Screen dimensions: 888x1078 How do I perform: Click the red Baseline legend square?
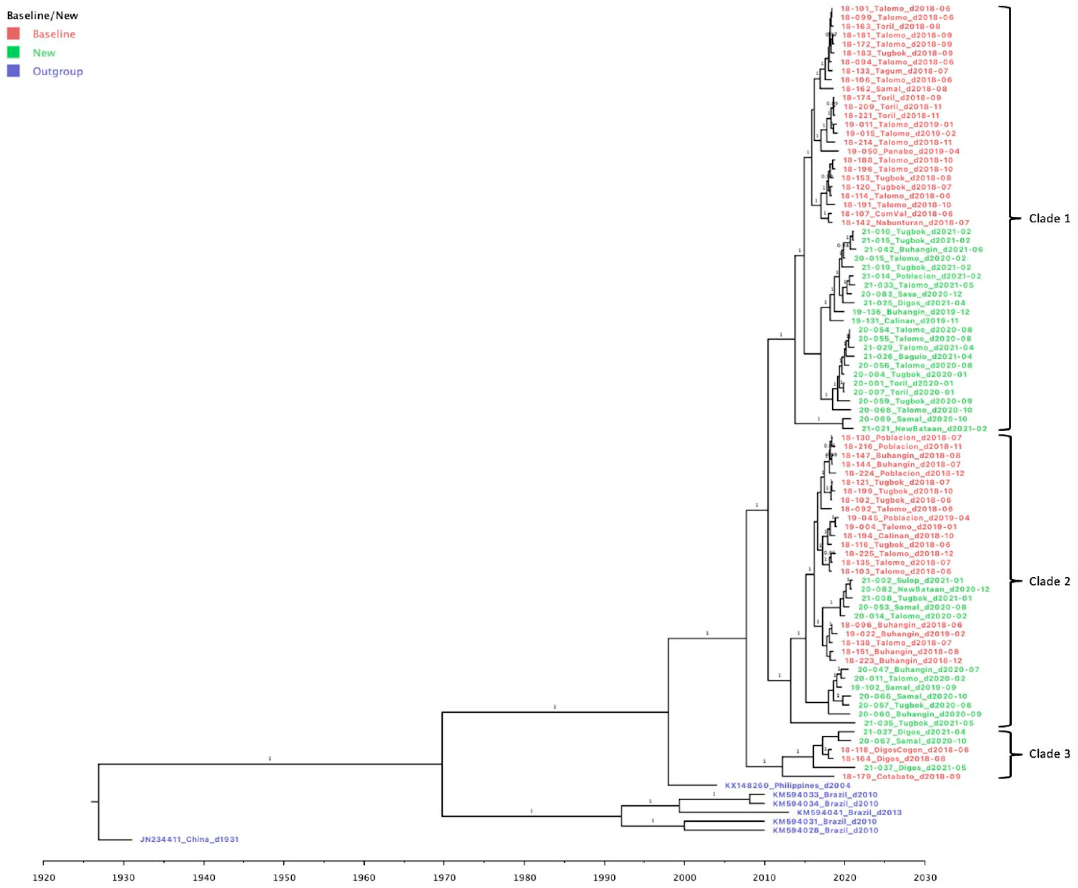tap(13, 34)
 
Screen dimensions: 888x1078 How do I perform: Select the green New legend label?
tap(44, 53)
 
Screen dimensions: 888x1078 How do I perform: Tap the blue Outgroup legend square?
tap(13, 71)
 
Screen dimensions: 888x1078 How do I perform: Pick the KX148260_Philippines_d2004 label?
tap(787, 785)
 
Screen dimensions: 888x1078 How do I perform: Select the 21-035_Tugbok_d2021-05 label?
tap(919, 723)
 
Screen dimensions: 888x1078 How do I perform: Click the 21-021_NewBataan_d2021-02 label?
tap(924, 429)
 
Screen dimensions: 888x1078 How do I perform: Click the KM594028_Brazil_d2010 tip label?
tap(825, 830)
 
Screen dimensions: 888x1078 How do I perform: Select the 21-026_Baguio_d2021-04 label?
tap(918, 357)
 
